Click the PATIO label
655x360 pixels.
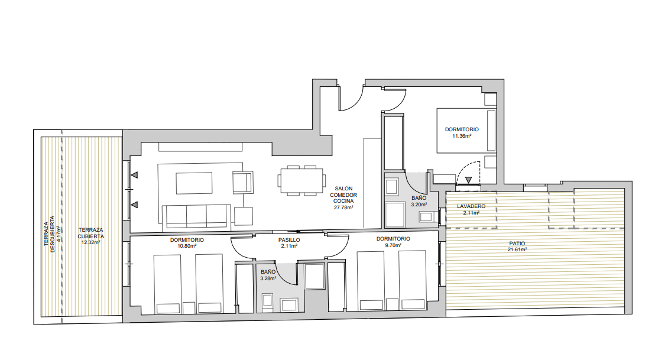pyautogui.click(x=517, y=244)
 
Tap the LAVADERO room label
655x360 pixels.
pyautogui.click(x=471, y=206)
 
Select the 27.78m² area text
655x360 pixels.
pyautogui.click(x=343, y=207)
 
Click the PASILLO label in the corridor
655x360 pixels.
pyautogui.click(x=289, y=240)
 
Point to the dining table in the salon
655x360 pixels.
pyautogui.click(x=301, y=180)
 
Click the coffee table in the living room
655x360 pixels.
pyautogui.click(x=194, y=183)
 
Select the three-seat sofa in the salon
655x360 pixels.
pyautogui.click(x=196, y=217)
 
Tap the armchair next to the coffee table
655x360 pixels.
pyautogui.click(x=243, y=183)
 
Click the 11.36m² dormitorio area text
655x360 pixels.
pyautogui.click(x=462, y=136)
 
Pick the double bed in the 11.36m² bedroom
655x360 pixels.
pyautogui.click(x=466, y=130)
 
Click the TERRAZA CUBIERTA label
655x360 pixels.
pyautogui.click(x=90, y=233)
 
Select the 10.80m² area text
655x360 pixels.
pyautogui.click(x=187, y=247)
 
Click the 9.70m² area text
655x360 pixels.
pyautogui.click(x=393, y=245)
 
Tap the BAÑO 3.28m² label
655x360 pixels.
pyautogui.click(x=268, y=275)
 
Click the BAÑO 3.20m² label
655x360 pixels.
pyautogui.click(x=419, y=202)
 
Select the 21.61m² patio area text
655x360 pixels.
pyautogui.click(x=517, y=249)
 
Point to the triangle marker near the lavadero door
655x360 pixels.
pyautogui.click(x=469, y=180)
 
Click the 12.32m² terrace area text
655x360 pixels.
pyautogui.click(x=90, y=242)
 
